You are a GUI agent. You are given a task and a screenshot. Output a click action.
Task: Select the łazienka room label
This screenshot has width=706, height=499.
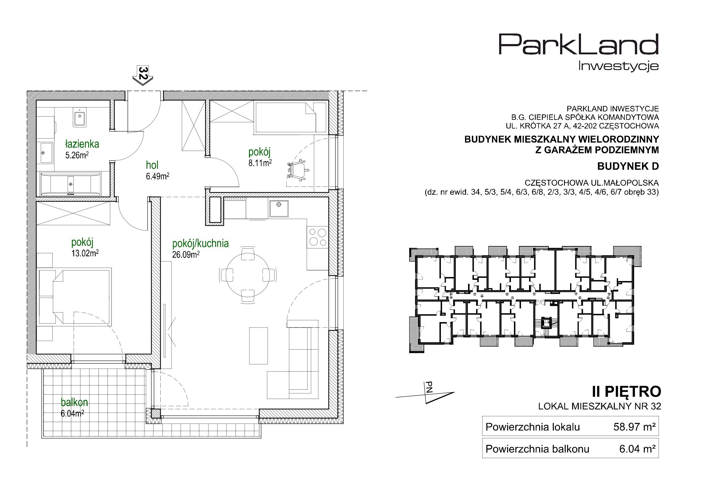(82, 144)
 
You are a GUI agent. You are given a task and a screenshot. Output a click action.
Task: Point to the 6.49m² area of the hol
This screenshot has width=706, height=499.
(158, 177)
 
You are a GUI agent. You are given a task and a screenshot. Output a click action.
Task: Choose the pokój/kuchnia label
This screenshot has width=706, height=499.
(201, 244)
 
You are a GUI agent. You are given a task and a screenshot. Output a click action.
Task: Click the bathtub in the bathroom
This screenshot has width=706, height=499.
(70, 184)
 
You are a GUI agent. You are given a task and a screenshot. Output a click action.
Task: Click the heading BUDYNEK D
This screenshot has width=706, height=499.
(628, 166)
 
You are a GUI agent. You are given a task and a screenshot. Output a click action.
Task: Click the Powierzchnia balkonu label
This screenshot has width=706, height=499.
(537, 449)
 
